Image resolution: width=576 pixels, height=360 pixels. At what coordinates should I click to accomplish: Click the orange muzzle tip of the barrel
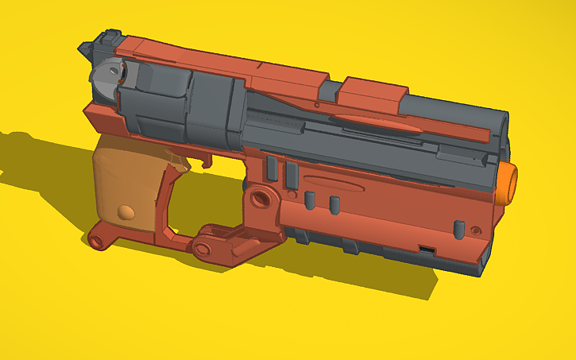click(x=508, y=184)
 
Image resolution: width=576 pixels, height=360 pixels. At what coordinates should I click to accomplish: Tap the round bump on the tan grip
click(x=125, y=212)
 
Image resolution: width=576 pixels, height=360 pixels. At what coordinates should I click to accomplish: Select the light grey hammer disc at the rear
click(x=105, y=77)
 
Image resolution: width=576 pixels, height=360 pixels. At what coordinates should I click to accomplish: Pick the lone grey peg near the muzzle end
click(x=458, y=228)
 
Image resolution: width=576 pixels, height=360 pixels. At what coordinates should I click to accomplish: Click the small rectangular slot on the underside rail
click(x=427, y=250)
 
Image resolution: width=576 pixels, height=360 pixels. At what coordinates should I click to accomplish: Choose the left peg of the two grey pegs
click(x=310, y=199)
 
